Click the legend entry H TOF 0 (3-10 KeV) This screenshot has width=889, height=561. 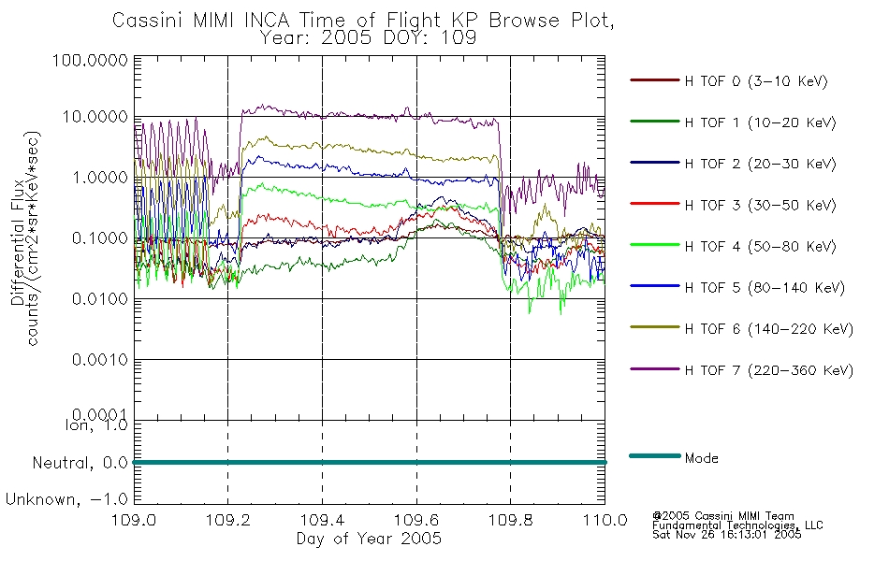click(x=756, y=81)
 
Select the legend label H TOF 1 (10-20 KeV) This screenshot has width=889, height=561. click(x=760, y=122)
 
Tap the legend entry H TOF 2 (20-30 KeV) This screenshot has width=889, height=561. click(x=760, y=164)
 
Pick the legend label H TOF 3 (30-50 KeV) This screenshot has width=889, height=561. click(x=760, y=205)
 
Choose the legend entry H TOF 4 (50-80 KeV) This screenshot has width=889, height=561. click(x=760, y=247)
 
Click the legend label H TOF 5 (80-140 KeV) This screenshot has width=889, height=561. click(x=765, y=288)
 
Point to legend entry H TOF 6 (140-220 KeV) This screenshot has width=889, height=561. click(x=768, y=329)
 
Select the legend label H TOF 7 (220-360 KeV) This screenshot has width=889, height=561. click(x=768, y=370)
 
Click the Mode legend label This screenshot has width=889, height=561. click(x=701, y=458)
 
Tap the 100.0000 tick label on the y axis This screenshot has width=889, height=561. click(x=90, y=60)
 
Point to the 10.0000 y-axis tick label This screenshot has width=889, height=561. click(x=95, y=117)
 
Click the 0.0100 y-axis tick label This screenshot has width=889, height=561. click(x=100, y=298)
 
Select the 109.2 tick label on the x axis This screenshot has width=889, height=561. click(x=228, y=520)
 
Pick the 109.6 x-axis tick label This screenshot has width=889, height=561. click(x=416, y=520)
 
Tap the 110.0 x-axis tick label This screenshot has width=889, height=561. click(x=605, y=520)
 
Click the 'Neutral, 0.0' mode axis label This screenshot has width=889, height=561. click(x=80, y=464)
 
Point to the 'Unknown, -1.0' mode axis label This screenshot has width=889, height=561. click(x=66, y=500)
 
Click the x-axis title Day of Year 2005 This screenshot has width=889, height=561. click(x=369, y=539)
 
